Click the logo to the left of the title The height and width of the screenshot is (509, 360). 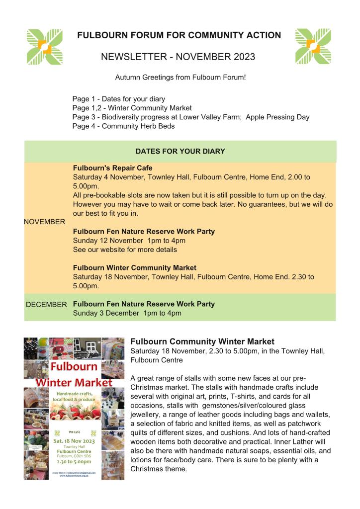tap(45, 47)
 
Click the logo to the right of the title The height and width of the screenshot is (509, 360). tap(313, 47)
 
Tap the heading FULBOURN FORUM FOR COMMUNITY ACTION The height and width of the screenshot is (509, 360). tap(179, 35)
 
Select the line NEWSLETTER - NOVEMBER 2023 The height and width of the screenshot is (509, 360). tap(178, 57)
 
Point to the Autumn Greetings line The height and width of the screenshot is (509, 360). tap(180, 78)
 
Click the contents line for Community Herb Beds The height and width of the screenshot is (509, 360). tap(123, 126)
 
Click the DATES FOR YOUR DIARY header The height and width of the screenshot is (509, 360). tap(180, 151)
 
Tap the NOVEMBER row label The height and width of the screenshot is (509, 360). tap(44, 222)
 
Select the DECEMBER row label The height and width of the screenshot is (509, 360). tap(46, 304)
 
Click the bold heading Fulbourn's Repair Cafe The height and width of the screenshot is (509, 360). tap(113, 168)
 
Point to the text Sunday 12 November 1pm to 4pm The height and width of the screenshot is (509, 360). tap(129, 241)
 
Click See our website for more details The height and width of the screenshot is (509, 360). tap(125, 250)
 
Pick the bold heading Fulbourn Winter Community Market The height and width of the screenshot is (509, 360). tap(135, 267)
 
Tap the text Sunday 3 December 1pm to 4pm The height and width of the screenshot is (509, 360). tap(127, 313)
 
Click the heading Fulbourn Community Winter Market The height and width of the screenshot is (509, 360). tap(202, 341)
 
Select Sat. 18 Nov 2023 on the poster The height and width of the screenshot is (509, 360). tap(74, 440)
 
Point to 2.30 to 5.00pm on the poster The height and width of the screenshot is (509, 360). tap(74, 461)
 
